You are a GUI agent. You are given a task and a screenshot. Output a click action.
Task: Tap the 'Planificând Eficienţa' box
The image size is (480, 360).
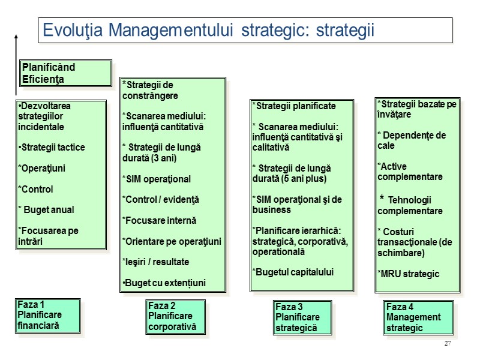tap(66, 73)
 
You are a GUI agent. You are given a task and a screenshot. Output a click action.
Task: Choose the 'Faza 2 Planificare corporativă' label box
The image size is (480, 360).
tap(175, 316)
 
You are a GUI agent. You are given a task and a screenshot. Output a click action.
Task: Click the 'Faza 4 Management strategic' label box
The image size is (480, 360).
tap(418, 317)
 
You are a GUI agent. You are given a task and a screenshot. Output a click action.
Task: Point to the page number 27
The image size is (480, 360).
tap(448, 343)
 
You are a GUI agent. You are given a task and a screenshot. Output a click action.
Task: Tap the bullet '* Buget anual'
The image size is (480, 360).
tap(46, 210)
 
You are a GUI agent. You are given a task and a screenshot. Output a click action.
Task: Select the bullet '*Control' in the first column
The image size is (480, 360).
tap(36, 190)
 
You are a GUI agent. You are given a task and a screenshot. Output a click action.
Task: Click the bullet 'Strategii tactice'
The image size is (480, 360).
tap(52, 148)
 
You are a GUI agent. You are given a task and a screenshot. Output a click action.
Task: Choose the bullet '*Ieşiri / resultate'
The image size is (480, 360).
tap(155, 262)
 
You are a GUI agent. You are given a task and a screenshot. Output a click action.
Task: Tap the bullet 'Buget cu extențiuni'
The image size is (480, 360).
tap(164, 283)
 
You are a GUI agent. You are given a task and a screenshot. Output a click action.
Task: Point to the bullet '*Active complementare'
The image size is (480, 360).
tap(410, 172)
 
